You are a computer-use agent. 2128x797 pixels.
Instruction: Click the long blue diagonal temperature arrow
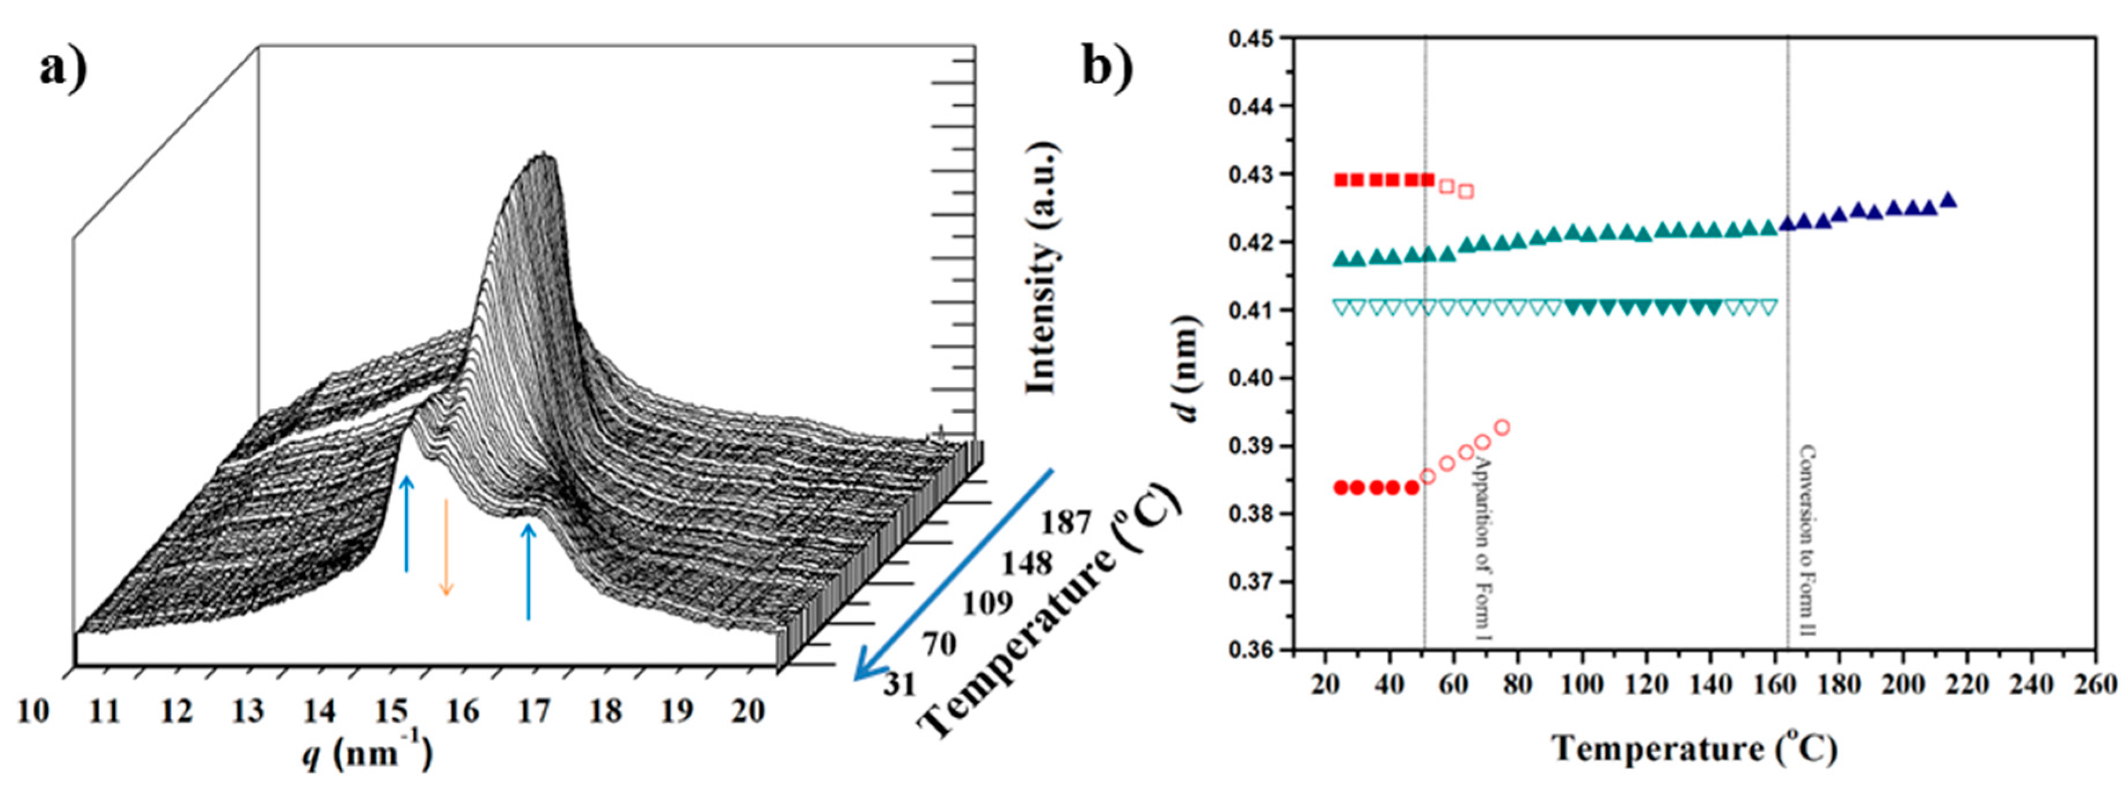click(954, 574)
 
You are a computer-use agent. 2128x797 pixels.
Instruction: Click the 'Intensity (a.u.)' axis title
click(1042, 269)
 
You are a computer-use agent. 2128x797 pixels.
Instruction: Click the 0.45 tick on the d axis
click(1250, 38)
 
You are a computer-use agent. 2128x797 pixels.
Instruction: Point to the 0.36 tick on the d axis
click(1250, 650)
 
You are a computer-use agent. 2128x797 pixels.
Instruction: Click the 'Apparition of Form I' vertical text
click(1485, 545)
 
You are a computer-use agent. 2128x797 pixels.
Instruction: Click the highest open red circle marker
click(1502, 427)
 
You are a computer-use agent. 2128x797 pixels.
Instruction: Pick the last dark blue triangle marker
click(1947, 199)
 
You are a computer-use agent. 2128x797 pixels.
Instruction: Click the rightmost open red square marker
click(1466, 191)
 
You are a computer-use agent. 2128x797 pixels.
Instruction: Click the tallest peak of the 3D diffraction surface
click(543, 157)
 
